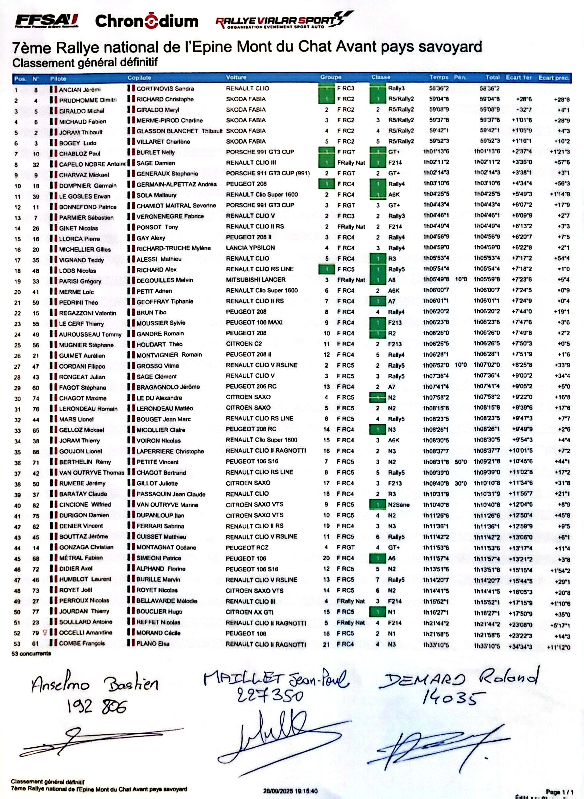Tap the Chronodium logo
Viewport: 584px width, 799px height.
[146, 21]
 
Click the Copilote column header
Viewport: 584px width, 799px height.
[139, 78]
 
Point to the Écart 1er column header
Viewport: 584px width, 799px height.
[519, 77]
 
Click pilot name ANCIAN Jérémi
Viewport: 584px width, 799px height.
[80, 90]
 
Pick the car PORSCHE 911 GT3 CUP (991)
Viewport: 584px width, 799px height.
[268, 173]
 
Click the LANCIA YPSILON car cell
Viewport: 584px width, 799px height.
[250, 248]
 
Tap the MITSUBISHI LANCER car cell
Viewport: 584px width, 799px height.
[256, 280]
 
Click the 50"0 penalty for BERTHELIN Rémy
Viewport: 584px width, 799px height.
[461, 462]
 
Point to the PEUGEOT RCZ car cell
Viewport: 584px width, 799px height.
[247, 548]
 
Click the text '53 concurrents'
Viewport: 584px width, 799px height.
[31, 654]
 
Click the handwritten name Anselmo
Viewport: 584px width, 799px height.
[60, 685]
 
